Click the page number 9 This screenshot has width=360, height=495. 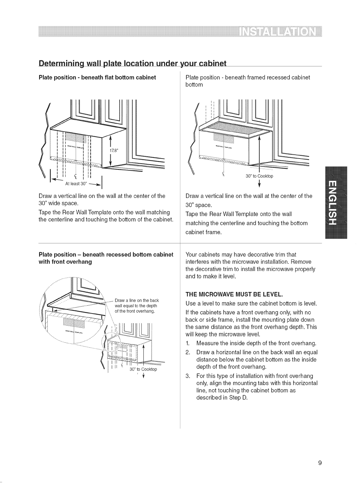(x=320, y=463)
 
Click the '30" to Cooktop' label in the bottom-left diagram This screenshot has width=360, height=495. (x=143, y=370)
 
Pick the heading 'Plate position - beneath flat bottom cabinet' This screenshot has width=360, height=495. (x=97, y=78)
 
